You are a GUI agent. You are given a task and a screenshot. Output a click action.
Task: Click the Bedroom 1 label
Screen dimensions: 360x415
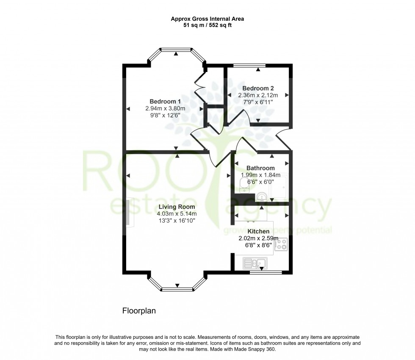(x=165, y=102)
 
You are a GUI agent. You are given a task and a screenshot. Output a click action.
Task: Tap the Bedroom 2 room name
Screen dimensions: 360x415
(x=258, y=88)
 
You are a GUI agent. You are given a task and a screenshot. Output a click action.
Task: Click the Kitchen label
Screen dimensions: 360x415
(x=258, y=232)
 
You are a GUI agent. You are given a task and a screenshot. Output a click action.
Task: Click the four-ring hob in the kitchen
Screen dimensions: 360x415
(x=281, y=244)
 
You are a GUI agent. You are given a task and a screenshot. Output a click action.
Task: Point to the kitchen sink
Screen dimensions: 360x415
(x=254, y=263)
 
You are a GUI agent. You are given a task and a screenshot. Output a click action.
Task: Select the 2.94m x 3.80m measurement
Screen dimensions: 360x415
(x=165, y=108)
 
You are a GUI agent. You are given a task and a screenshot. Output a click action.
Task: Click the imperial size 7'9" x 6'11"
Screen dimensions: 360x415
(x=258, y=102)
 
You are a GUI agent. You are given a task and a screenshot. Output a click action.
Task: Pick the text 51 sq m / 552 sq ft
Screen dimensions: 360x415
(x=207, y=25)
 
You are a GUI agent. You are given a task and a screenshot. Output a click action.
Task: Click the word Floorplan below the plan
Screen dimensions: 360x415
(x=139, y=311)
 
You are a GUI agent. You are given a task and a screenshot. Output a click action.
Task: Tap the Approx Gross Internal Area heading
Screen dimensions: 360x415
(x=207, y=19)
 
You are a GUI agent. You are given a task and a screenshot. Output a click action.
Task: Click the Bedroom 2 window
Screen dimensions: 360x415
(x=249, y=65)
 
